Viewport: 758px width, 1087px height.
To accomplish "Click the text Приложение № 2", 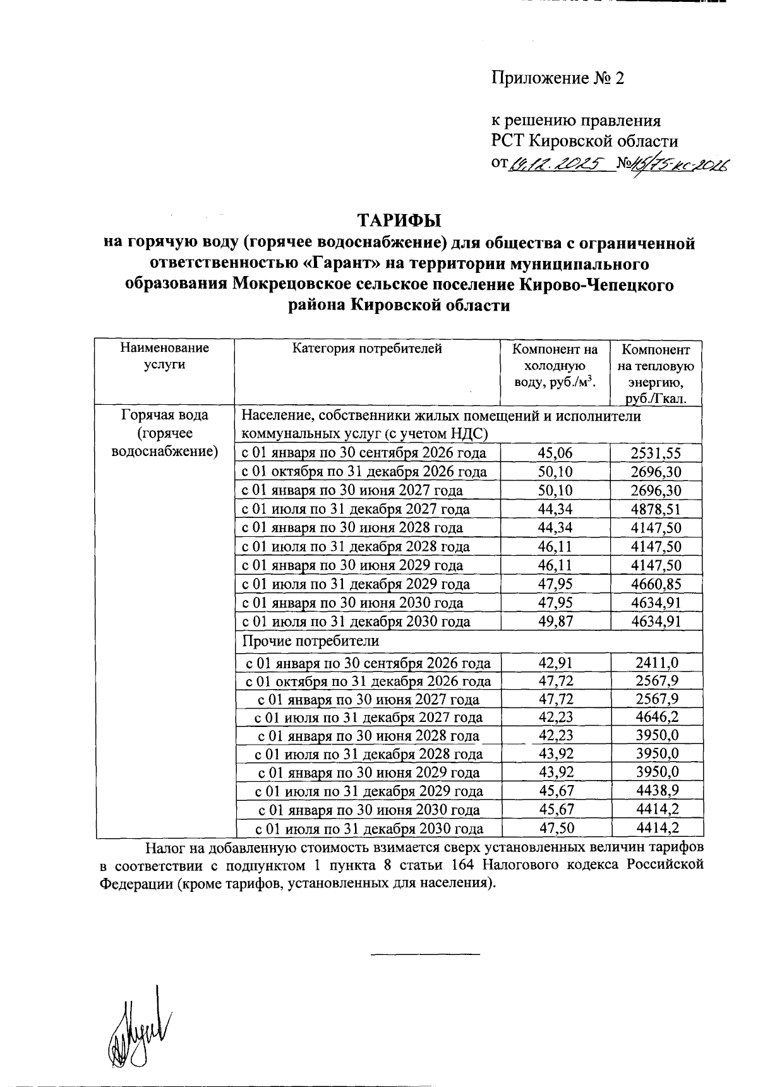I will (x=558, y=78).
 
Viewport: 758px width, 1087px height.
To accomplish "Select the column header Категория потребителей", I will (x=367, y=349).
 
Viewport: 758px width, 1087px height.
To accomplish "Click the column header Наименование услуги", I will (x=164, y=356).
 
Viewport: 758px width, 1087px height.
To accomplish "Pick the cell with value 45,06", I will (x=555, y=453).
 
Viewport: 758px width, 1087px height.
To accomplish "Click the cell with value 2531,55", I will (x=656, y=453).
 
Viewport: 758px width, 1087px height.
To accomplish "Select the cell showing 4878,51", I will (x=656, y=509).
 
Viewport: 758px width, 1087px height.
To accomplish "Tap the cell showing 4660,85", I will (x=656, y=584).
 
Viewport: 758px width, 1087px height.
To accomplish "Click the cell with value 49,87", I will (x=555, y=622).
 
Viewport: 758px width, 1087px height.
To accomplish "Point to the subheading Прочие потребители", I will (x=311, y=640).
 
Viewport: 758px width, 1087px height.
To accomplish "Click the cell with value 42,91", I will (x=555, y=663).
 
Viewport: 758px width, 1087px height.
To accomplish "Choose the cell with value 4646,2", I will (x=656, y=718).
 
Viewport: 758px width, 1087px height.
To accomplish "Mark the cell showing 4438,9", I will (x=656, y=791).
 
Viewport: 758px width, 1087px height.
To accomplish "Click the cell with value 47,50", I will (x=555, y=829).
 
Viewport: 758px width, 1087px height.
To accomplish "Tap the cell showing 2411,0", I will (x=656, y=663).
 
